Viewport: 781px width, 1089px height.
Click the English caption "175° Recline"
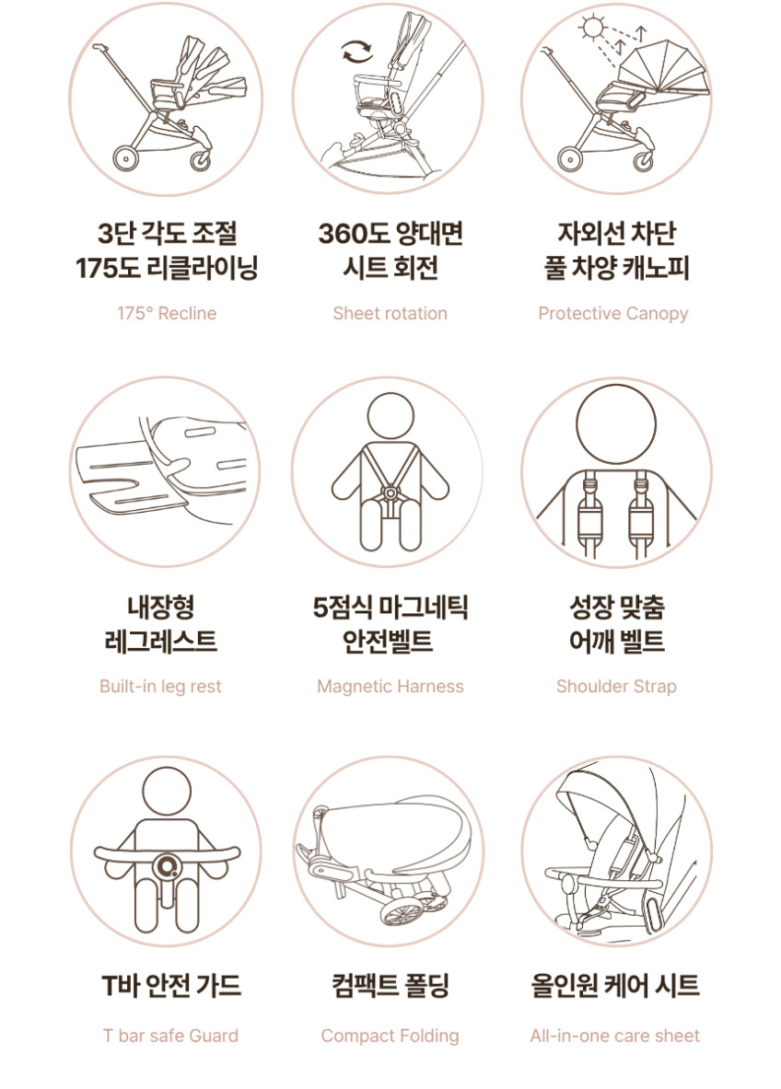pos(167,313)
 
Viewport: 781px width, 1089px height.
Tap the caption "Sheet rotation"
pos(390,313)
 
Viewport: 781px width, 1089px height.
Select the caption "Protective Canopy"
pos(612,314)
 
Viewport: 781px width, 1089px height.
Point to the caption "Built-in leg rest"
pos(160,686)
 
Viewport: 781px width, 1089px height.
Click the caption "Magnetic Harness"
pos(390,686)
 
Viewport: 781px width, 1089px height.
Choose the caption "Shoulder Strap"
pos(616,686)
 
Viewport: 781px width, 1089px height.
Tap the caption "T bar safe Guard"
pos(170,1036)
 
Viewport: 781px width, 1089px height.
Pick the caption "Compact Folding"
pos(390,1037)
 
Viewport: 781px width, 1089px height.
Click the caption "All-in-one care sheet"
pos(615,1036)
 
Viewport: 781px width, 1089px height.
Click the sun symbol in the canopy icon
pos(593,29)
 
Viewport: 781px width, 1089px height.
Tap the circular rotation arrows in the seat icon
pos(357,52)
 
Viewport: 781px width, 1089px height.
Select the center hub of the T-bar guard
pos(167,866)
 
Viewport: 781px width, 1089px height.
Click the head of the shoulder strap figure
pos(616,423)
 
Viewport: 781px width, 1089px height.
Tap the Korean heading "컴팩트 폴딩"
pos(390,986)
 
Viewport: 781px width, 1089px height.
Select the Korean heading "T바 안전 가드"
pos(171,986)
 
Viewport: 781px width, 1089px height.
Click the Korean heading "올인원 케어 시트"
pos(615,986)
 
